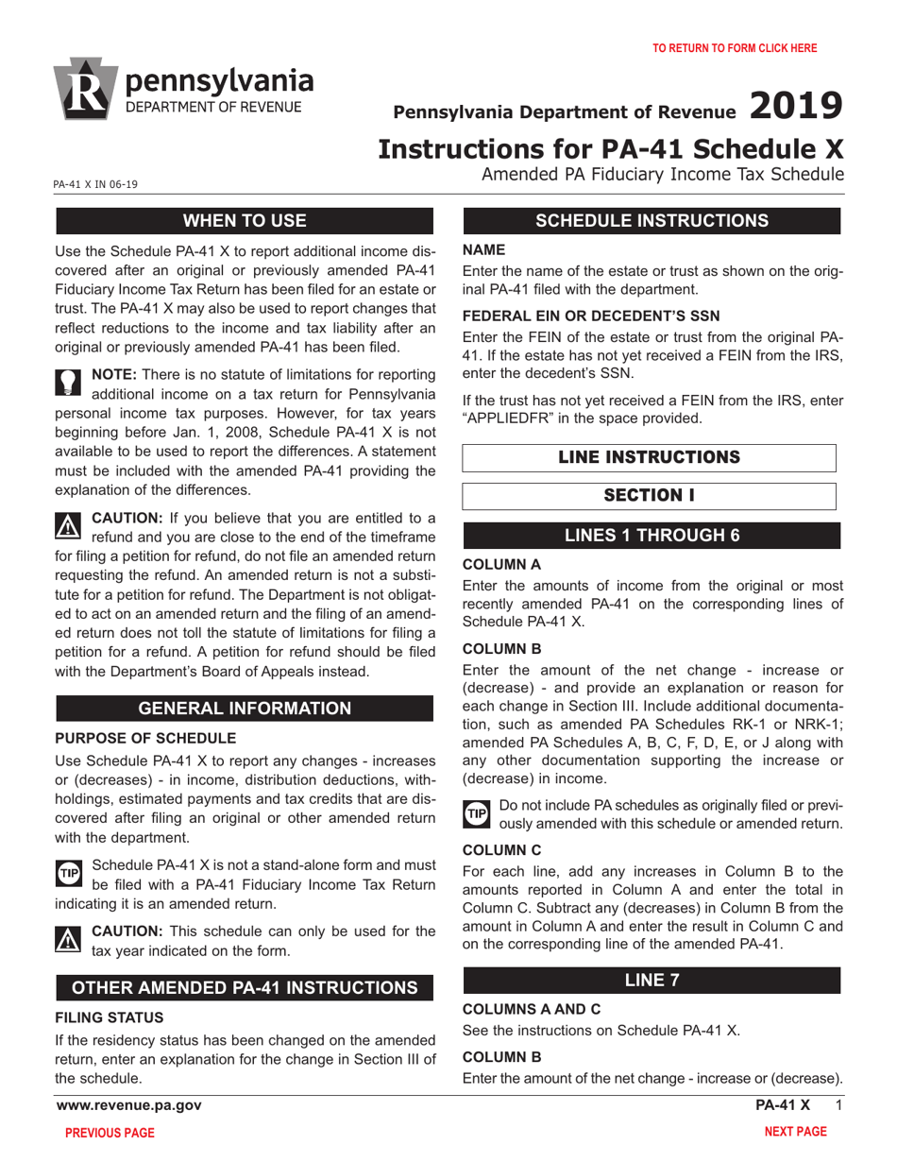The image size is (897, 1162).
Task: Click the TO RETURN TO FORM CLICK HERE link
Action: tap(735, 48)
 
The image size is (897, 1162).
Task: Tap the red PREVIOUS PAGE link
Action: tap(110, 1133)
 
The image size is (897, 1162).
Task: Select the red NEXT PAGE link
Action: tap(795, 1132)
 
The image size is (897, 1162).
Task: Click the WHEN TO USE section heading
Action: tap(245, 221)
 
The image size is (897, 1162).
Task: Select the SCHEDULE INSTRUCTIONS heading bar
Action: tap(652, 221)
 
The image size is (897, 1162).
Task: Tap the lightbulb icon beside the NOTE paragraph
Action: tap(68, 382)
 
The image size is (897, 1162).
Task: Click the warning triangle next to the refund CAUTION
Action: tap(69, 524)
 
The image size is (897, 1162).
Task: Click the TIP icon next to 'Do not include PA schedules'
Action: tap(476, 812)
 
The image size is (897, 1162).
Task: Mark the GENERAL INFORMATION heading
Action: tap(245, 709)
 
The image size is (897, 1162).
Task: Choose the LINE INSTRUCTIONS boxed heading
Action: tap(649, 457)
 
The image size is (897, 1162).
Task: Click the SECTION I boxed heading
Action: tap(649, 496)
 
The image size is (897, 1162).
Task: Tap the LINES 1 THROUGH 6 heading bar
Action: tap(652, 536)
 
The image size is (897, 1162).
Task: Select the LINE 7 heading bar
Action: tap(652, 980)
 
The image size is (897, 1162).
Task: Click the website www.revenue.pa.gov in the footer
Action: tap(128, 1105)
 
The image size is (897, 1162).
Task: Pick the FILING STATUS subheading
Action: tap(109, 1017)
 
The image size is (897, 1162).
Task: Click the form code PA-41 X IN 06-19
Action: tap(95, 184)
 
